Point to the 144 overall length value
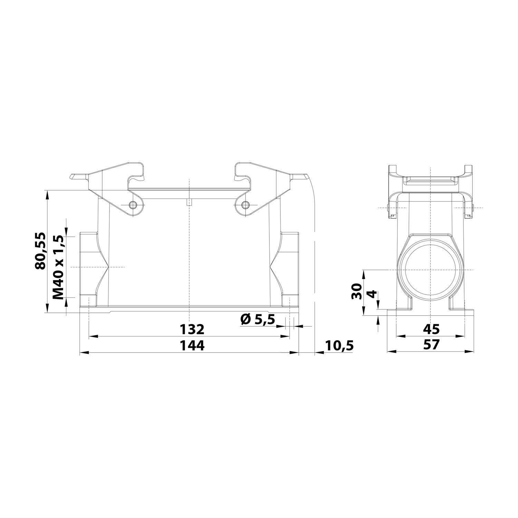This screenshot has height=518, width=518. (192, 345)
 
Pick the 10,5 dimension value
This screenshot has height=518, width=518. (339, 345)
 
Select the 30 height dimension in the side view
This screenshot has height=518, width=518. (357, 291)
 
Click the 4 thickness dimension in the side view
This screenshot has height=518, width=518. (371, 294)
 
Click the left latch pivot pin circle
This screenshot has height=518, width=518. (133, 205)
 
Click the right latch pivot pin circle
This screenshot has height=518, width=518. (245, 205)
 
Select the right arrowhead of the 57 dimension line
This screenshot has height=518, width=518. (470, 352)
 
